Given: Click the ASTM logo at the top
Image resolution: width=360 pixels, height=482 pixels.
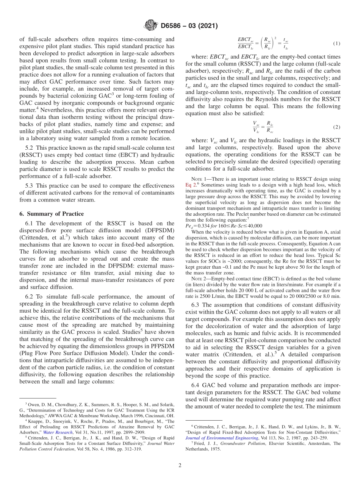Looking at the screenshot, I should pos(150,26).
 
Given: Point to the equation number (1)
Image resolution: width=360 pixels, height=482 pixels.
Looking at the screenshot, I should pos(336,44).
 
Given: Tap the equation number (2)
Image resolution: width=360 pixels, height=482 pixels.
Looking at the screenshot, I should pos(336,127).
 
